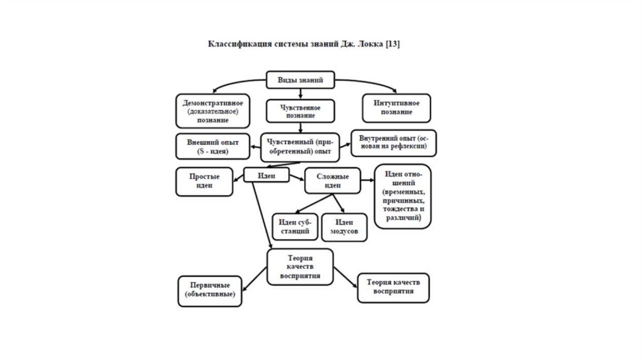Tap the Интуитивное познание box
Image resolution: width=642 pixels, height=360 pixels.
pyautogui.click(x=397, y=108)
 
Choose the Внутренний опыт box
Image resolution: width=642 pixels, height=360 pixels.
pyautogui.click(x=394, y=142)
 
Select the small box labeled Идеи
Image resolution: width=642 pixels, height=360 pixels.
pyautogui.click(x=266, y=176)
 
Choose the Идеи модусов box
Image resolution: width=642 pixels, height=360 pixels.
pyautogui.click(x=344, y=227)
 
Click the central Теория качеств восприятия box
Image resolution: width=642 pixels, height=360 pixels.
pyautogui.click(x=300, y=266)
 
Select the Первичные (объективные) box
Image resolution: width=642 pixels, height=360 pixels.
pyautogui.click(x=210, y=290)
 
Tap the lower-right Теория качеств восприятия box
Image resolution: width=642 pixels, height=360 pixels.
pyautogui.click(x=393, y=287)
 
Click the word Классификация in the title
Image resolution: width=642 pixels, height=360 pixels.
pyautogui.click(x=236, y=45)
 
